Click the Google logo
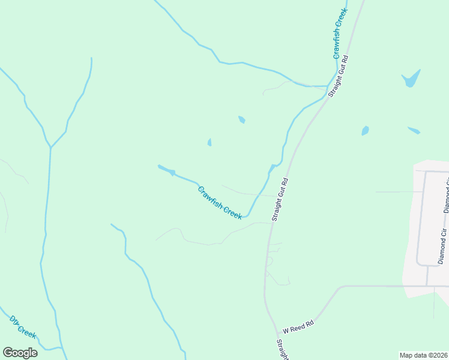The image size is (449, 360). (x=20, y=353)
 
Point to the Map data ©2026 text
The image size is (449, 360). (x=423, y=355)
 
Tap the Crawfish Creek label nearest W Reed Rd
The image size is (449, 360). (x=220, y=203)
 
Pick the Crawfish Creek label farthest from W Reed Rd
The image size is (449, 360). (x=340, y=34)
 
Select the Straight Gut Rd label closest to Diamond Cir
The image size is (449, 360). (x=280, y=199)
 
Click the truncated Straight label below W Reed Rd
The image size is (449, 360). (x=282, y=349)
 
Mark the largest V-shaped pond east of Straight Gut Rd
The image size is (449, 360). (x=411, y=79)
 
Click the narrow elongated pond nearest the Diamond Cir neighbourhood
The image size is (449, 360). (x=414, y=130)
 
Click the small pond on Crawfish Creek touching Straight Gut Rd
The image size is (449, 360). (x=273, y=167)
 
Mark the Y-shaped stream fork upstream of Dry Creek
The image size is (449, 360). (x=51, y=146)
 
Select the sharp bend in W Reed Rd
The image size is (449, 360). (x=340, y=287)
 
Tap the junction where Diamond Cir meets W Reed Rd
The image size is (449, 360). (x=427, y=286)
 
